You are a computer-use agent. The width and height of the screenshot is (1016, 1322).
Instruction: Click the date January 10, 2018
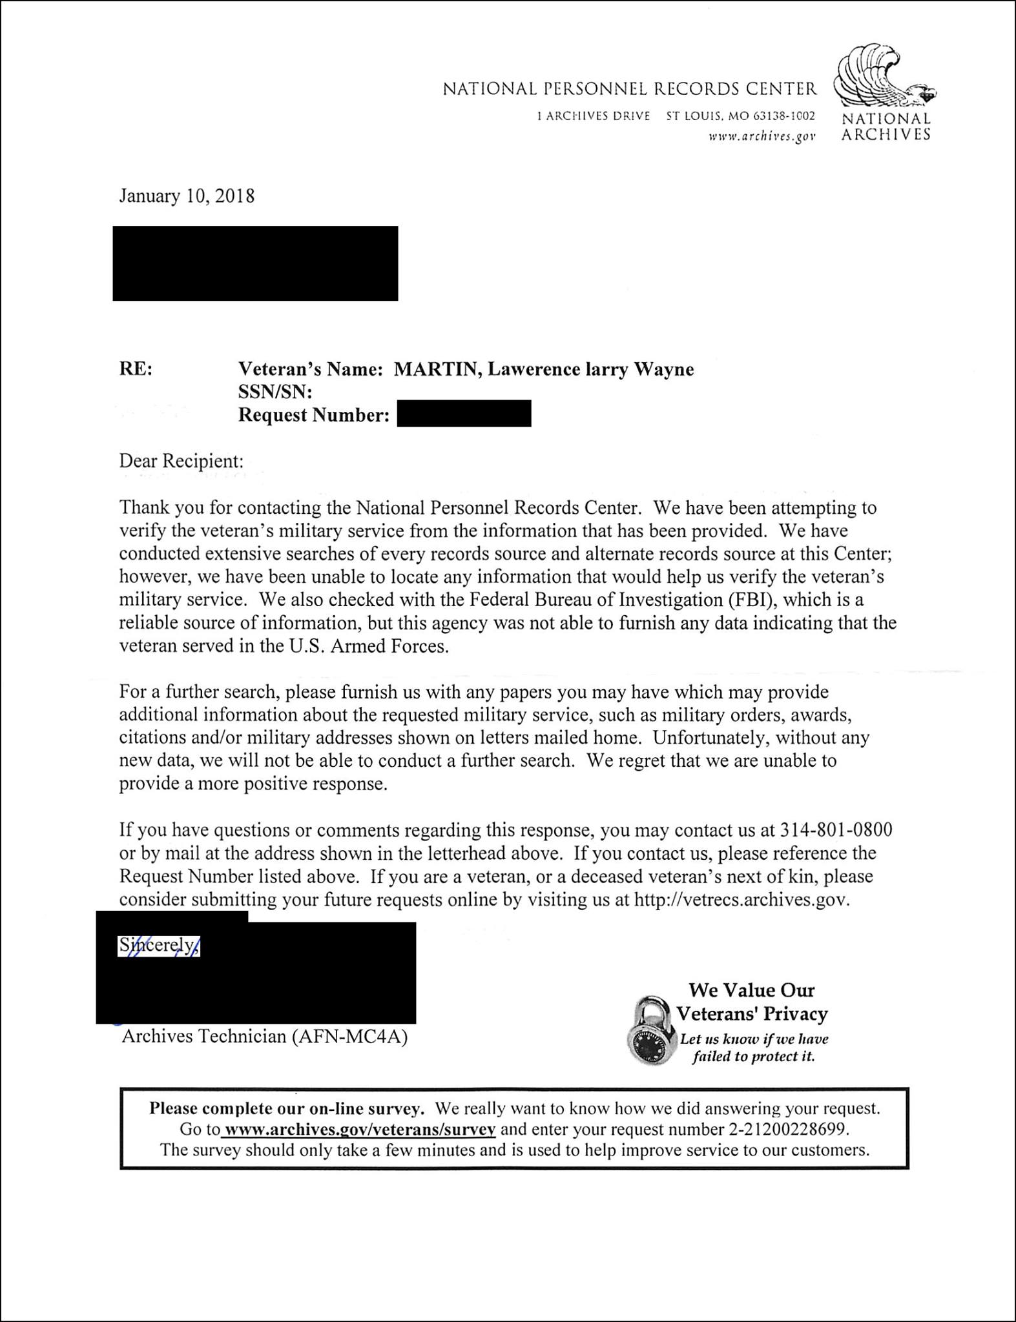187,196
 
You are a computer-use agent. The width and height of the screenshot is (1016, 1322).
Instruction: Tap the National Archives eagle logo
884,77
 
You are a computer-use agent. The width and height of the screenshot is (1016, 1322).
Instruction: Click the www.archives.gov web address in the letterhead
762,136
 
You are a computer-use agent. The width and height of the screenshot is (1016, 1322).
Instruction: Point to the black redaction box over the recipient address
255,263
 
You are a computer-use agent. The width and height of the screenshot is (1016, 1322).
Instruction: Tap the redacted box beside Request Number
464,414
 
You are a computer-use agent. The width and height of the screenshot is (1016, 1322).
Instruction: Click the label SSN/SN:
275,392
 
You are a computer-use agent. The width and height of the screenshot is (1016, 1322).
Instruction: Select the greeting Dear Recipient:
181,461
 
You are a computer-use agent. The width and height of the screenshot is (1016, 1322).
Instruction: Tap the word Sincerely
158,945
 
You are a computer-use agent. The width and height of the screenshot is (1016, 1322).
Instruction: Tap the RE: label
136,369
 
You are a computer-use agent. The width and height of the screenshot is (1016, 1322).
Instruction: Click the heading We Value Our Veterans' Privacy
752,1002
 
